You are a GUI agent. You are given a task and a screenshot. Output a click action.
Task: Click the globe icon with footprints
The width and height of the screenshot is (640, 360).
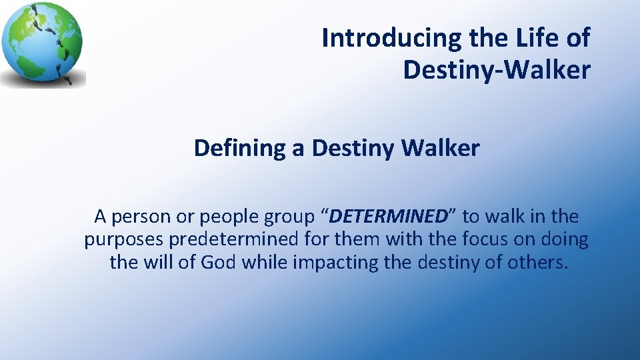click(43, 44)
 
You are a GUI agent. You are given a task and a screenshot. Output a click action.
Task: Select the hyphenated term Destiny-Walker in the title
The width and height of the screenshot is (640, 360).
click(496, 69)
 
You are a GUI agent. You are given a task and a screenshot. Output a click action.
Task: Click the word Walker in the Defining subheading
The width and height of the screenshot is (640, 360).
click(440, 148)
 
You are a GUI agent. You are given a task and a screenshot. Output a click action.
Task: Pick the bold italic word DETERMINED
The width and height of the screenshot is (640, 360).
click(387, 217)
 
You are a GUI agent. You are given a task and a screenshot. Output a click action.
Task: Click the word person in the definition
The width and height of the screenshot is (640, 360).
click(139, 217)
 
